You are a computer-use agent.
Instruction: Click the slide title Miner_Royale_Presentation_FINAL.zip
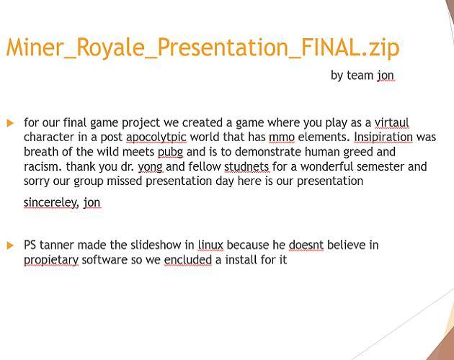click(x=202, y=47)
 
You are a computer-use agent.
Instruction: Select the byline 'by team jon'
click(x=362, y=75)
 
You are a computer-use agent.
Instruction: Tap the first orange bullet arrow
click(x=10, y=123)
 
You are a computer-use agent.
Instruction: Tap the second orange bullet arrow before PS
click(x=10, y=246)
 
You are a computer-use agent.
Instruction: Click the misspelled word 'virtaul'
click(x=391, y=122)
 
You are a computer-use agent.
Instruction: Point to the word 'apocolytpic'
click(x=153, y=138)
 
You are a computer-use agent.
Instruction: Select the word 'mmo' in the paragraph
click(x=282, y=137)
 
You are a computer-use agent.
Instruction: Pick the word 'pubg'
click(x=170, y=152)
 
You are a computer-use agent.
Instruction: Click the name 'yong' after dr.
click(x=150, y=166)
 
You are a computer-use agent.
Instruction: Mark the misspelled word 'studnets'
click(x=246, y=166)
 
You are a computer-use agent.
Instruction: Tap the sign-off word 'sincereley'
click(x=50, y=202)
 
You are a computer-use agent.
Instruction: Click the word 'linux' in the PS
click(x=210, y=245)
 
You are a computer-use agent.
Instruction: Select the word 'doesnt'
click(x=306, y=245)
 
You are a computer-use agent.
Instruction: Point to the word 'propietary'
click(x=50, y=259)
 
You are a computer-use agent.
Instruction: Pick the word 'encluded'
click(x=187, y=259)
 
